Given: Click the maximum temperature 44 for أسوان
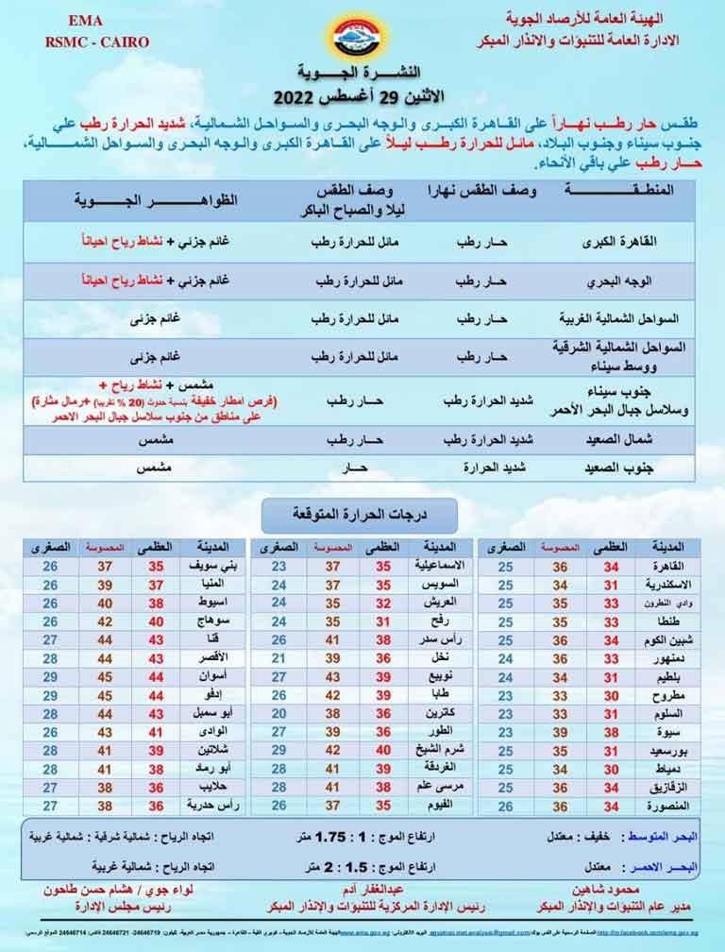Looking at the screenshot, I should (156, 676).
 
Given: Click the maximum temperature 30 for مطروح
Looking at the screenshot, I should (611, 695).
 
